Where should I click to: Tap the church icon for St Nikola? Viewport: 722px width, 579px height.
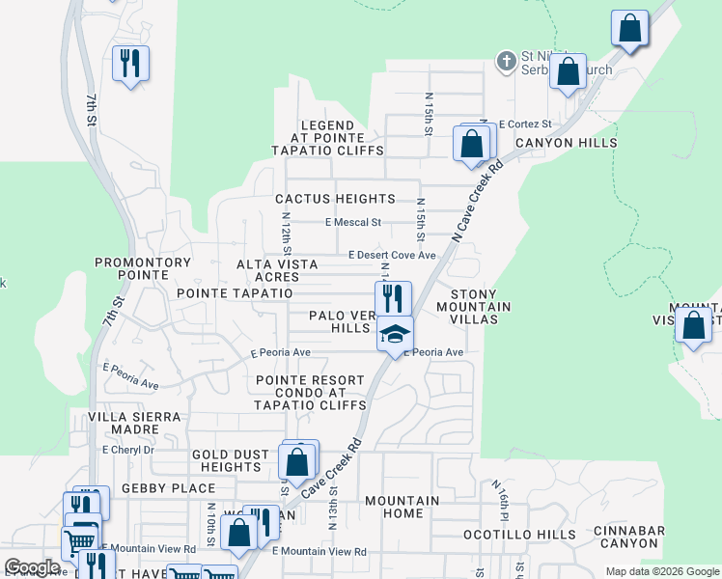[x=506, y=62]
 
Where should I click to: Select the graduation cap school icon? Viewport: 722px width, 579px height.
[x=394, y=334]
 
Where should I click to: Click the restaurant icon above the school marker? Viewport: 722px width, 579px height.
[x=393, y=296]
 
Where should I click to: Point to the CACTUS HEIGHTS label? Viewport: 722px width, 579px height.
[x=335, y=199]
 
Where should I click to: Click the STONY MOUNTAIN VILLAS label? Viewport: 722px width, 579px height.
[x=473, y=307]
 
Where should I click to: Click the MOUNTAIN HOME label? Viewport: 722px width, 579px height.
[x=402, y=508]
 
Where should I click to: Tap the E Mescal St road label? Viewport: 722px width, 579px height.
[x=353, y=222]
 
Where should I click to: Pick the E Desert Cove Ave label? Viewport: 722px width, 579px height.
[x=392, y=256]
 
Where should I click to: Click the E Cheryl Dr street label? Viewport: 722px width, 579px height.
[x=127, y=450]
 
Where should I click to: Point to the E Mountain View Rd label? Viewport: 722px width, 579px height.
[x=319, y=551]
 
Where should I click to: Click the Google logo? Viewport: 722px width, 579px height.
[x=33, y=567]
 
